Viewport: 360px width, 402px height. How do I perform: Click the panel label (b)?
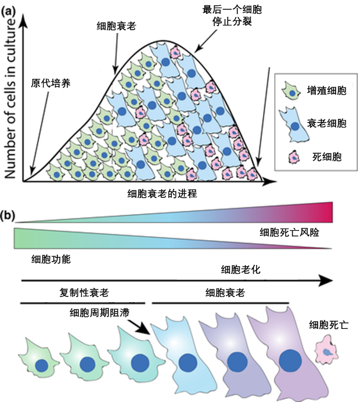point(8,215)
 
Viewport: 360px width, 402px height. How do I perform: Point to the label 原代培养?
point(51,82)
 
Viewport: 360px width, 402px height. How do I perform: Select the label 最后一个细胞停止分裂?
point(225,17)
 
